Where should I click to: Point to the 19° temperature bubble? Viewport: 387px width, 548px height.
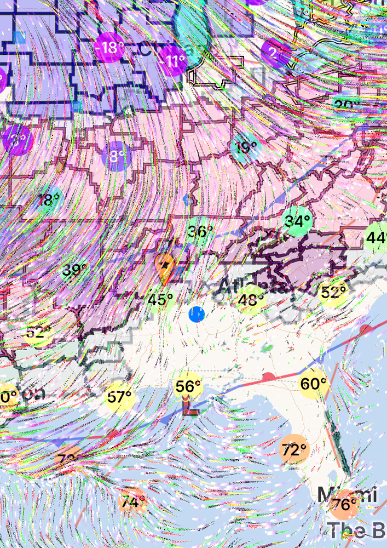(246, 147)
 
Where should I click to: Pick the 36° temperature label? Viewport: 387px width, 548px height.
(199, 232)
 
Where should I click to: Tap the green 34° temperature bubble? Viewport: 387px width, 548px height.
(297, 222)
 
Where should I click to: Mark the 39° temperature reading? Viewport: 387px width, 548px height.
(74, 270)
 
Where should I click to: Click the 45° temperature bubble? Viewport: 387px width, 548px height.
(161, 300)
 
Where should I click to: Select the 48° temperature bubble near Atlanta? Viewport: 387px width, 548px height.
(251, 300)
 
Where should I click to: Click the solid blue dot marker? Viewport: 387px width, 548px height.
(197, 315)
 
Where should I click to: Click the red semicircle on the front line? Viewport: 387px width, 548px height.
(268, 377)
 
